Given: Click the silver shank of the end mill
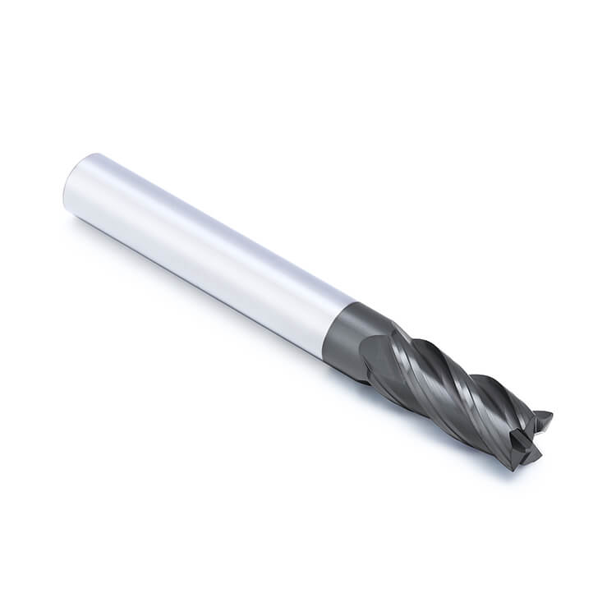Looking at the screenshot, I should point(205,246).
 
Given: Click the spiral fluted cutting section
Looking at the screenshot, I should point(444,386).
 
